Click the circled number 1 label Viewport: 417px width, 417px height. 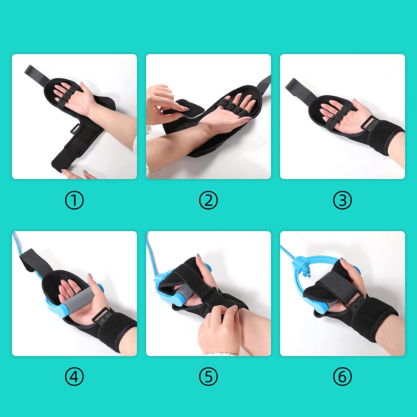point(74,201)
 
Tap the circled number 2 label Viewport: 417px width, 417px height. point(208,201)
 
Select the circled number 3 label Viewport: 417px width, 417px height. point(342,201)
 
